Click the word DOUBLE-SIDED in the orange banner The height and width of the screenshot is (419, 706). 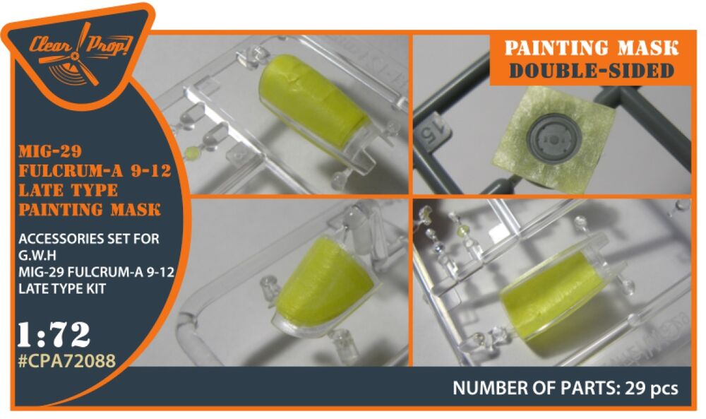coord(591,70)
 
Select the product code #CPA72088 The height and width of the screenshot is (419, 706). coord(66,360)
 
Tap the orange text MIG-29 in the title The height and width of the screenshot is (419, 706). coord(50,151)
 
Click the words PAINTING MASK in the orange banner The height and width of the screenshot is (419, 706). coord(591,48)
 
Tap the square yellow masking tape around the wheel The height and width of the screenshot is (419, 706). coord(555,133)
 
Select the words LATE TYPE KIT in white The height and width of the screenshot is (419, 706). coord(61,288)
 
